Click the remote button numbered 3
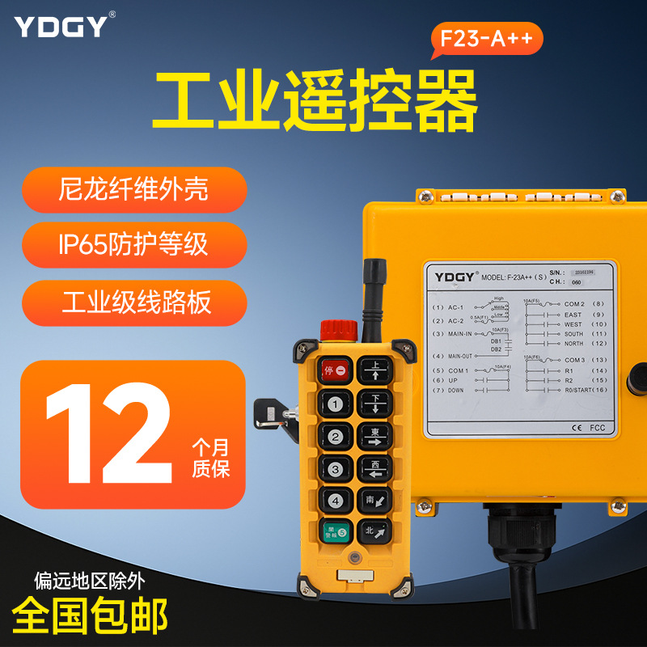pyautogui.click(x=335, y=467)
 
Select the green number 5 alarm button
pyautogui.click(x=335, y=531)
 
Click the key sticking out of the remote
pyautogui.click(x=269, y=412)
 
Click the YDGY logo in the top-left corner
pyautogui.click(x=60, y=26)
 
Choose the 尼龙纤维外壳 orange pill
pyautogui.click(x=134, y=189)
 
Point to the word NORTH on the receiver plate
pyautogui.click(x=573, y=344)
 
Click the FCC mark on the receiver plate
pyautogui.click(x=597, y=428)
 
